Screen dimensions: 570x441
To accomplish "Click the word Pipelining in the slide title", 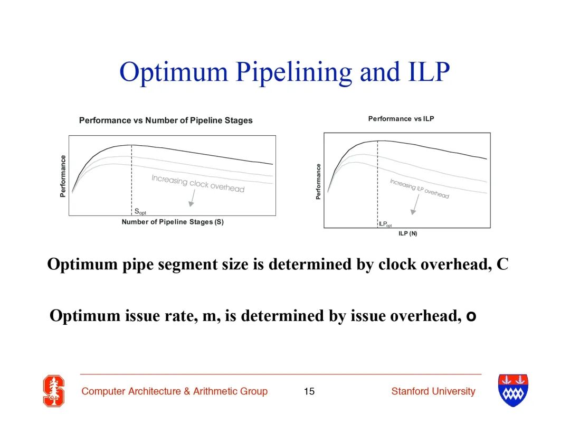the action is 294,72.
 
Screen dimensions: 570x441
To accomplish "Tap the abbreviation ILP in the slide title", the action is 429,71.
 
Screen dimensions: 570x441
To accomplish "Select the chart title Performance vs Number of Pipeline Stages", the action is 166,120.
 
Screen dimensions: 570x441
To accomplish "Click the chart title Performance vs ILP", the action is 401,119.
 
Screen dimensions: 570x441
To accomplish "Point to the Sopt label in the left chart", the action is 140,211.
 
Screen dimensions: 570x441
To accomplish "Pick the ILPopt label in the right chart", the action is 385,224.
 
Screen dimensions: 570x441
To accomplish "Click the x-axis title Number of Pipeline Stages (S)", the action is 173,222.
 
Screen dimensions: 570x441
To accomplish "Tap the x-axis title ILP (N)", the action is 407,233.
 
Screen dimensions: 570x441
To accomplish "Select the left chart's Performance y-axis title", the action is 63,176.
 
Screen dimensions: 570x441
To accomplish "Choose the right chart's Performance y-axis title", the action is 318,182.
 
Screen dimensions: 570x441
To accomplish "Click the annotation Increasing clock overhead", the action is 198,183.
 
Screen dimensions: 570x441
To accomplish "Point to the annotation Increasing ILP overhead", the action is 420,189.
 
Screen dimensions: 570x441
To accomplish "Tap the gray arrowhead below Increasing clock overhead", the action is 191,204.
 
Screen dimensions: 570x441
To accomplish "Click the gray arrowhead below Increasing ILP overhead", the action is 413,212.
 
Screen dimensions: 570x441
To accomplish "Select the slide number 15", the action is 309,391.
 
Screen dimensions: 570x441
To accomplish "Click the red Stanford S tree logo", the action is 54,391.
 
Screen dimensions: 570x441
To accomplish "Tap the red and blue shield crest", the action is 513,390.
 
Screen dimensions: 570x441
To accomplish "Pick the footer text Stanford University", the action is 433,391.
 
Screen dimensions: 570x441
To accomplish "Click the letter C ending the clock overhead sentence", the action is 502,264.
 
